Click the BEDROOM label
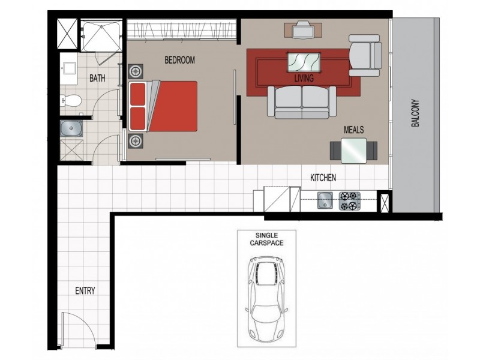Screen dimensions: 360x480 click(180, 60)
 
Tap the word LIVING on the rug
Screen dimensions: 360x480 click(304, 78)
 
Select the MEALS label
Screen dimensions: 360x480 click(353, 129)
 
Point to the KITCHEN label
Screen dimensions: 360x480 click(323, 178)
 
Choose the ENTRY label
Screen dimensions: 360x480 click(85, 291)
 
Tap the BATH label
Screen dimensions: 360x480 click(98, 78)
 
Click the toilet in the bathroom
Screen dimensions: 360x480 click(71, 100)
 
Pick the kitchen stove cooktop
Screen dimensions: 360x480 click(349, 200)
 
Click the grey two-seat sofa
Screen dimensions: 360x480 click(302, 101)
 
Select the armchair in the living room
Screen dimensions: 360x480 click(365, 55)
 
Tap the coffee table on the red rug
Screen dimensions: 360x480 click(304, 62)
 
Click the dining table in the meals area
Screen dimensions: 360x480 click(353, 150)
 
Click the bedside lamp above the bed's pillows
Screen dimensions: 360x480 click(136, 70)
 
